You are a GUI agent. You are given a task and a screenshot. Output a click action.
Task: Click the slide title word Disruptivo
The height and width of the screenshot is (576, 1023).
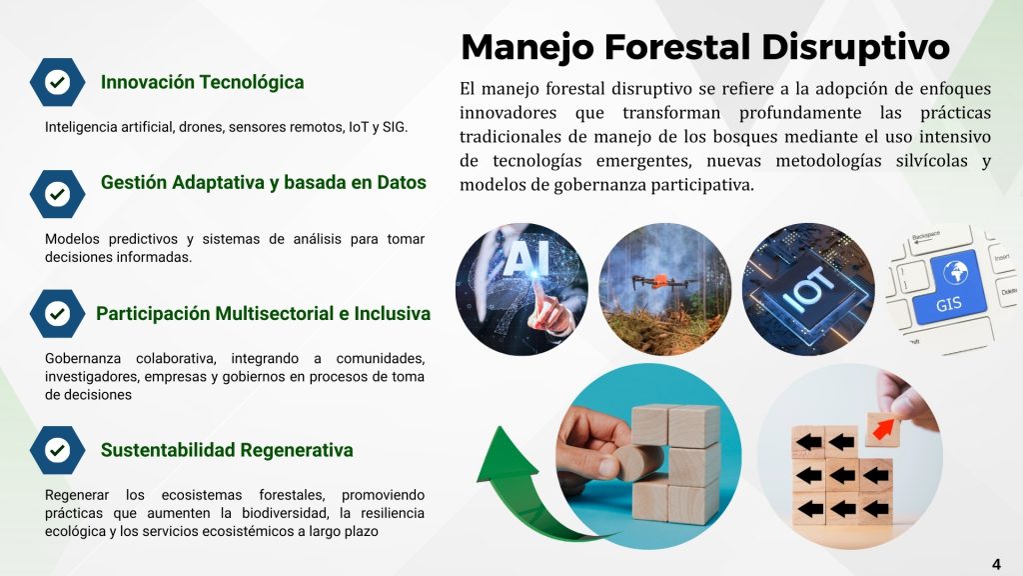tap(855, 48)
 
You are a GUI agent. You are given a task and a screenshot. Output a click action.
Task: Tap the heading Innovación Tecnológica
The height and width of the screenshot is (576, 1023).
tap(202, 82)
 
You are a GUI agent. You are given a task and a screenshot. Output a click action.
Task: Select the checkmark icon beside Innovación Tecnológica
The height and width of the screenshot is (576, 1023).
tap(57, 82)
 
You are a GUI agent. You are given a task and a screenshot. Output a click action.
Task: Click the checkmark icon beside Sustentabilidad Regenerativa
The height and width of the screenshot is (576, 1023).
tap(57, 450)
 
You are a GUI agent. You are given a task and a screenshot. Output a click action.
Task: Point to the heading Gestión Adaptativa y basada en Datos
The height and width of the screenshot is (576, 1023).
tap(264, 182)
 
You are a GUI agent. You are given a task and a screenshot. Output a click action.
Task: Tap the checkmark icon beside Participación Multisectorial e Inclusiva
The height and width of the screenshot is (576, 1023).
tap(57, 313)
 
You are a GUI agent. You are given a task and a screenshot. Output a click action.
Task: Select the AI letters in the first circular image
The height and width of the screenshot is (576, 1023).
tap(520, 258)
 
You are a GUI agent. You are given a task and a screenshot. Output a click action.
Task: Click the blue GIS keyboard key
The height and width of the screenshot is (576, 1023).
tap(951, 288)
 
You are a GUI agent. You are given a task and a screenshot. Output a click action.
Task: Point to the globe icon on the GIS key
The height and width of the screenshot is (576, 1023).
tap(956, 271)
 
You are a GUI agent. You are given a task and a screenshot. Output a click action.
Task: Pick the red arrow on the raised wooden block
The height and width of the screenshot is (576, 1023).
tap(883, 429)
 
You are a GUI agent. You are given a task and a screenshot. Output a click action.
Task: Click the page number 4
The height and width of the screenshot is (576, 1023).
tap(996, 564)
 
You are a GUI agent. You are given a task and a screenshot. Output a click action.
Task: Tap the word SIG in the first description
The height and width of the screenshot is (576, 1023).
tap(394, 127)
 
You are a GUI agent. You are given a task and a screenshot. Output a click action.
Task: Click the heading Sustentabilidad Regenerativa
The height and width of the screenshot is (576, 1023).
tap(227, 451)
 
